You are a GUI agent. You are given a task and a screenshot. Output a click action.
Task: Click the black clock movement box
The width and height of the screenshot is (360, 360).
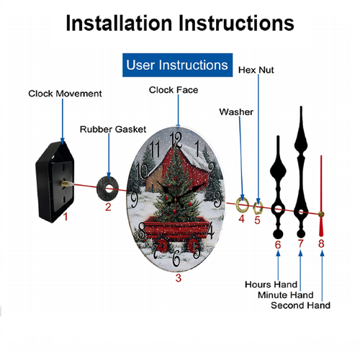tap(55, 182)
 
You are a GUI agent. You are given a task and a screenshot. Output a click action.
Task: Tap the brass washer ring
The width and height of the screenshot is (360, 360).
tap(238, 204)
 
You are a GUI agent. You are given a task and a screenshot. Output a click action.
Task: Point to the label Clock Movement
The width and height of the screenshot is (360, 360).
tap(65, 94)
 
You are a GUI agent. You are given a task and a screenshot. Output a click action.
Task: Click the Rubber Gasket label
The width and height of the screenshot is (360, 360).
tap(113, 129)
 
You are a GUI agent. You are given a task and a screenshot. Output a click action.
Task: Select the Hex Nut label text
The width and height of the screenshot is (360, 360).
tap(256, 70)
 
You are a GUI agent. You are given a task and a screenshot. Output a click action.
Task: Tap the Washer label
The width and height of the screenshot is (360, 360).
tap(236, 112)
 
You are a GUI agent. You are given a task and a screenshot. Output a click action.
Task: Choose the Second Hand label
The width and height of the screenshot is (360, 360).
tap(300, 305)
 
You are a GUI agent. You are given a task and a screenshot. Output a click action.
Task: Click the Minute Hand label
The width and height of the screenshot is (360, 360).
tap(286, 294)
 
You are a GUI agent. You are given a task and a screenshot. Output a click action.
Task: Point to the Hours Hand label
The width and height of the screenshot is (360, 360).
tap(271, 284)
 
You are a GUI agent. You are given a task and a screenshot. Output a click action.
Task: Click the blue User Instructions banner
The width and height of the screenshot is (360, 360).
tap(177, 65)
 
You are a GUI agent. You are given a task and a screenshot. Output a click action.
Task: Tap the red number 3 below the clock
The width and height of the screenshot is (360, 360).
tap(179, 278)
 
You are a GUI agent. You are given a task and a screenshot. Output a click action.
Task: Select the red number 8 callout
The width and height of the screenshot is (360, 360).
tap(321, 243)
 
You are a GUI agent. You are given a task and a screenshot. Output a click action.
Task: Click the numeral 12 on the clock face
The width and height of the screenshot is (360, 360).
tap(176, 140)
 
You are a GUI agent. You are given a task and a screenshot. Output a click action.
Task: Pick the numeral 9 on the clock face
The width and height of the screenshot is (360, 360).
tap(135, 200)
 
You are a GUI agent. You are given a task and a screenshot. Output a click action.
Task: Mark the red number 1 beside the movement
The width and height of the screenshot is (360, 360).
tap(66, 217)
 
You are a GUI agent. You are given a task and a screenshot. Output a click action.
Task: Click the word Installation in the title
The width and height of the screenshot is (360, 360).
tap(119, 23)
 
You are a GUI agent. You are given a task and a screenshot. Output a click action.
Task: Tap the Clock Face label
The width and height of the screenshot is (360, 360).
tap(174, 90)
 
